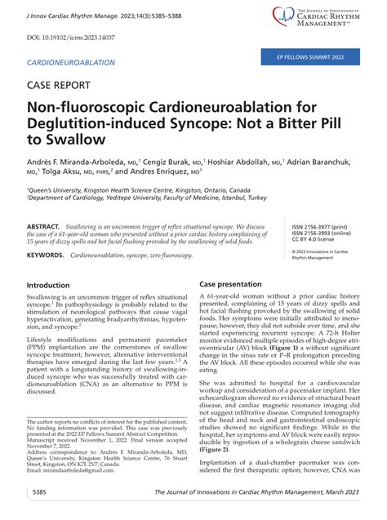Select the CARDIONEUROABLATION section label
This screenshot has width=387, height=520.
71,63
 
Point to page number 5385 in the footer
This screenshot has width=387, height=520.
38,494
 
